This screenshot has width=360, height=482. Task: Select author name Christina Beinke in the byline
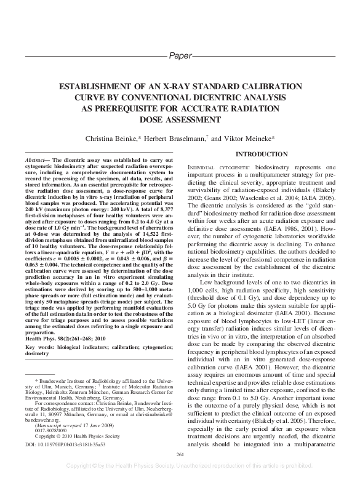pos(114,139)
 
